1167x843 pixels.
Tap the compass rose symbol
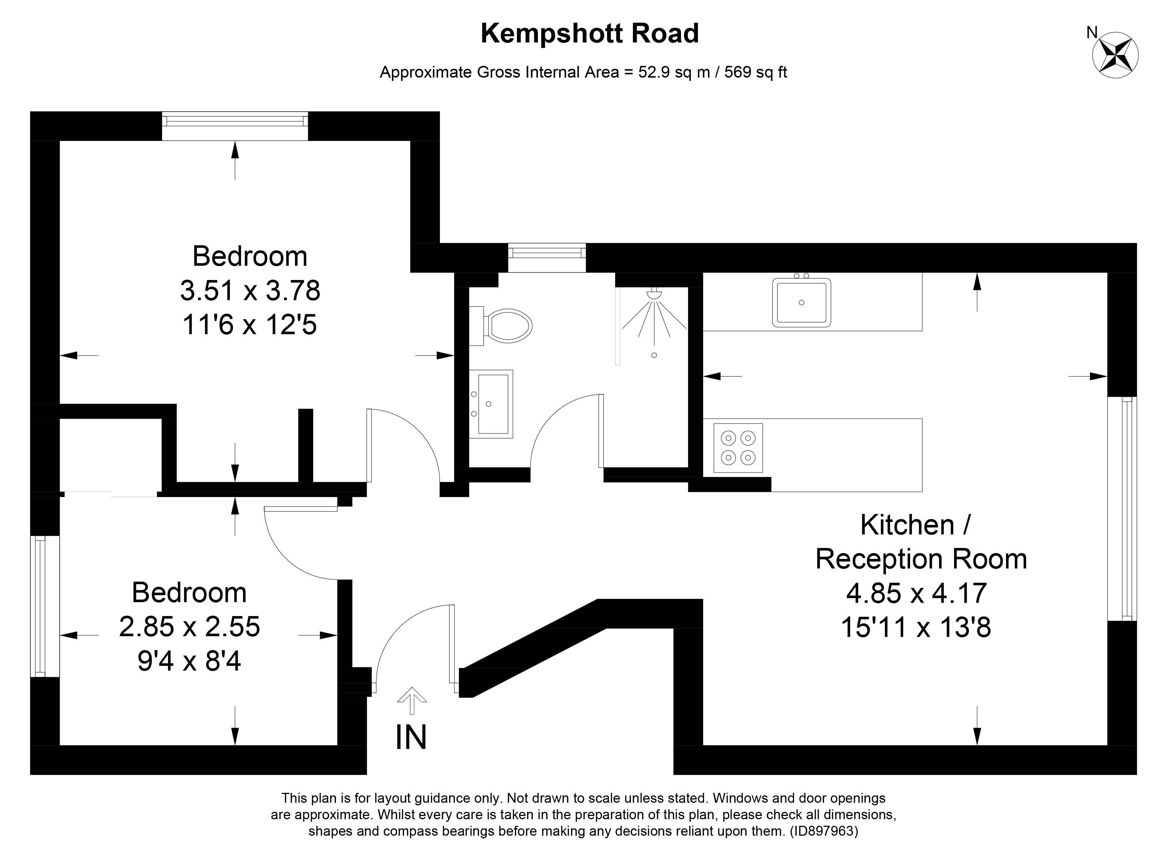(1115, 56)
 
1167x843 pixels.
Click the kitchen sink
(801, 303)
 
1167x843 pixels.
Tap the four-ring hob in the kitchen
(738, 448)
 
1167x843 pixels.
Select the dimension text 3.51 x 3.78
(250, 291)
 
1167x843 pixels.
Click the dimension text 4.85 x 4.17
(916, 593)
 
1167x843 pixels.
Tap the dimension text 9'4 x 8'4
(189, 661)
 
